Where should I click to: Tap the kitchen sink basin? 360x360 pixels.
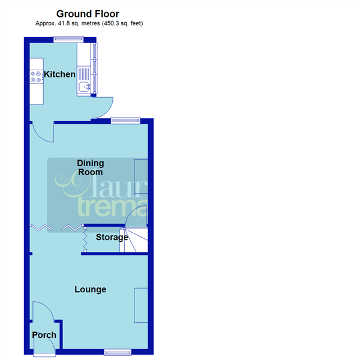point(83,88)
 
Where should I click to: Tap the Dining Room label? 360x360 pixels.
point(90,167)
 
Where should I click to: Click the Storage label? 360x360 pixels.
point(112,237)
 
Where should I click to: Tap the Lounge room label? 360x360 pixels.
point(90,289)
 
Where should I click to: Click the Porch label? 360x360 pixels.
point(44,335)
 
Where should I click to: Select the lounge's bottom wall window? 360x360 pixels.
point(117,351)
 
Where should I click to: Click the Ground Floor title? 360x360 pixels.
point(88,13)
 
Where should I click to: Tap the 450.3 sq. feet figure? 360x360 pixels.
point(121,23)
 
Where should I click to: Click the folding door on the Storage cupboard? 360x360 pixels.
point(85,240)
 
